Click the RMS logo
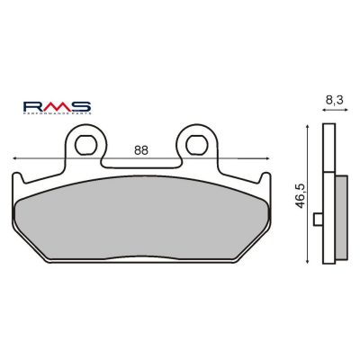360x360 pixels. (57, 108)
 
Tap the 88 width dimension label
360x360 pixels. (141, 150)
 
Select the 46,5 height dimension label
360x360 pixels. (301, 195)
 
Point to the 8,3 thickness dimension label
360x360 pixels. (334, 100)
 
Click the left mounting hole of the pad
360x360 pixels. (85, 145)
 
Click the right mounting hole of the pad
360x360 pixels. (197, 145)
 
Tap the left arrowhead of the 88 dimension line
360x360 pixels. (14, 158)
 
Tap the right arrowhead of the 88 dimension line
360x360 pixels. (267, 158)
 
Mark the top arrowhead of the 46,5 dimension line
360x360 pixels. (307, 127)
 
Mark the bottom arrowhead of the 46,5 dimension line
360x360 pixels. (307, 262)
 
